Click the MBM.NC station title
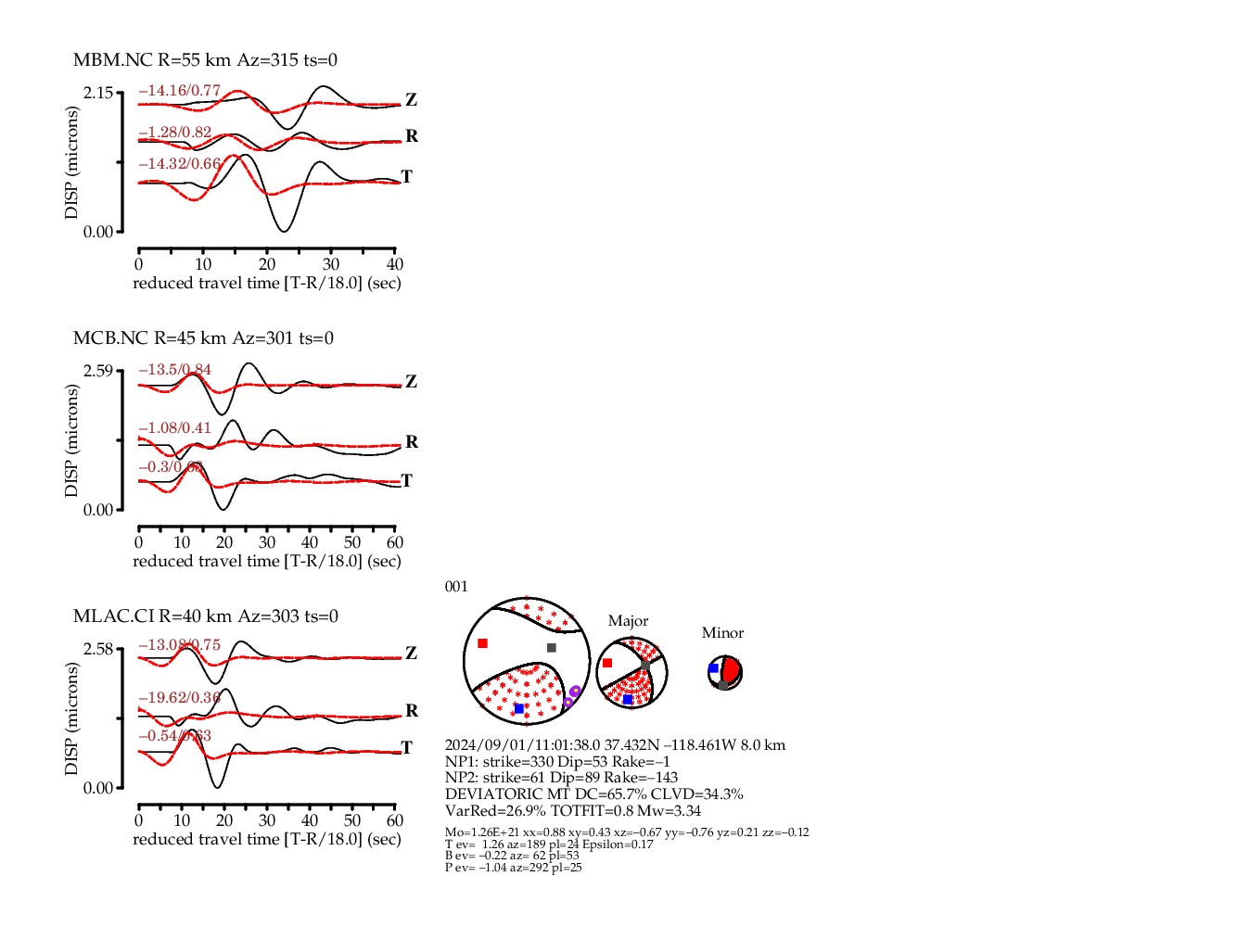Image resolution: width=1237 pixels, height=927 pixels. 112,60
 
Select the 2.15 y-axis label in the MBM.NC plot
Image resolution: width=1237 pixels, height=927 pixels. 98,93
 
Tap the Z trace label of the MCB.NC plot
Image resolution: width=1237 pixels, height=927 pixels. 411,382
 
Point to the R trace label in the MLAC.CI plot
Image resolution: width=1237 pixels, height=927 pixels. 412,711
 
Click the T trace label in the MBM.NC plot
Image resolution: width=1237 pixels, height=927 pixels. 406,177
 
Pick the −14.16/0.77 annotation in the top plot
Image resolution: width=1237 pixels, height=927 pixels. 180,91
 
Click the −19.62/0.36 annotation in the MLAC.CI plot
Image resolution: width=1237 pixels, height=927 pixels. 180,698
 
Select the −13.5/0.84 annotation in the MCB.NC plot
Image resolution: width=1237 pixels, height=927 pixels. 175,370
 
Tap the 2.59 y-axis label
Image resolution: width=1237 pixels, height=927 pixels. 98,371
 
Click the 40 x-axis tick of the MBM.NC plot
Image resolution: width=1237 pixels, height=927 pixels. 395,264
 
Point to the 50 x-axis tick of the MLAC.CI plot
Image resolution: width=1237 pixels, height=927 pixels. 352,820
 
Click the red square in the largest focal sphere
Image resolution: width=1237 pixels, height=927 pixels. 482,643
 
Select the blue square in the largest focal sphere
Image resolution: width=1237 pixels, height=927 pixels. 519,708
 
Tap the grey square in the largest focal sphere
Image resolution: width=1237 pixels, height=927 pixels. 552,648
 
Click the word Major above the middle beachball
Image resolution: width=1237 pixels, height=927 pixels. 628,621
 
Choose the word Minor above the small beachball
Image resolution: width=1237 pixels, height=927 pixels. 722,633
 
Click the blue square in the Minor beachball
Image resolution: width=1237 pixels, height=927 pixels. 713,668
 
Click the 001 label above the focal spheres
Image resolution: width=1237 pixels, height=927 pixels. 456,587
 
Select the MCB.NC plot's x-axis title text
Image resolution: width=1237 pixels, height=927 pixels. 267,561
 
